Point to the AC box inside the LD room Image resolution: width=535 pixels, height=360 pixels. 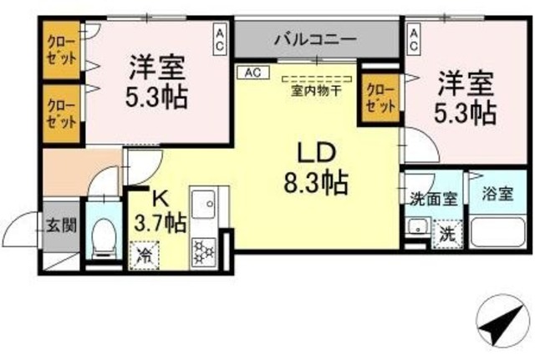point(252,73)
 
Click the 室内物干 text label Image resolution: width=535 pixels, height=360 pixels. point(315,90)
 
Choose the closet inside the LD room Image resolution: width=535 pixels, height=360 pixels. point(380,99)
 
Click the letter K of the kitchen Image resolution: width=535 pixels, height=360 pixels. point(160,199)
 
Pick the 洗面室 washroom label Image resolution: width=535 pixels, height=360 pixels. point(431,200)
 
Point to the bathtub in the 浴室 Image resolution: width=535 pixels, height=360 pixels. point(498,231)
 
